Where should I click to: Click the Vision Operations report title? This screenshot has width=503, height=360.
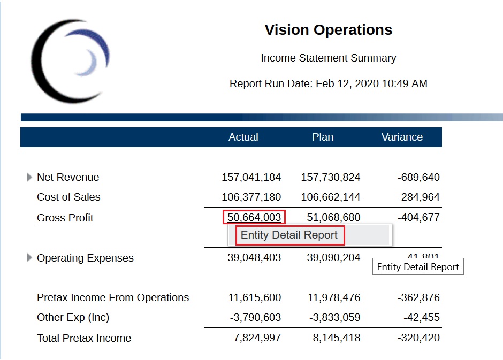coord(328,30)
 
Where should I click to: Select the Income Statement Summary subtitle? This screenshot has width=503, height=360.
coord(328,58)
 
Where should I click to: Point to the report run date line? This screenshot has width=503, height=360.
coord(328,83)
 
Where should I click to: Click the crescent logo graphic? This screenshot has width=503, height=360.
coord(70,60)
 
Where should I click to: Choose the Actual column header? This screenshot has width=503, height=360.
coord(243,137)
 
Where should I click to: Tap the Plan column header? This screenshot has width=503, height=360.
coord(323,137)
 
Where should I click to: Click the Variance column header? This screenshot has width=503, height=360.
coord(402,137)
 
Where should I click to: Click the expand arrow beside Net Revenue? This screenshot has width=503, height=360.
coord(29,177)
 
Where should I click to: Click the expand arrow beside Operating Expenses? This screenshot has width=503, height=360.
coord(29,258)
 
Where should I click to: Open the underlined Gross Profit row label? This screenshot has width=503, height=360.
coord(65,218)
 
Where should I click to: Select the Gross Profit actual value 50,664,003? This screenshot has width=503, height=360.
coord(254,217)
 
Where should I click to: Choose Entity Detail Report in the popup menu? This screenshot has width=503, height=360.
coord(289,235)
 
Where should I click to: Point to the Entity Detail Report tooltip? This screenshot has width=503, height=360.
coord(418,267)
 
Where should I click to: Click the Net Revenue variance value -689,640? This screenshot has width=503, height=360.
coord(418,177)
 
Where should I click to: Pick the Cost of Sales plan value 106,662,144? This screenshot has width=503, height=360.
coord(330,197)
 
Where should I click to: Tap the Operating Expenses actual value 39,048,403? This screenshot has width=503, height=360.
coord(251,258)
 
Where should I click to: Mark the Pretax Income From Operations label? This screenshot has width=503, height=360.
coord(113,297)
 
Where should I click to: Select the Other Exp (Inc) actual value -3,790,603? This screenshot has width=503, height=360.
coord(255,317)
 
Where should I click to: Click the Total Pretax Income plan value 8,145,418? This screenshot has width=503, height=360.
coord(334,338)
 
